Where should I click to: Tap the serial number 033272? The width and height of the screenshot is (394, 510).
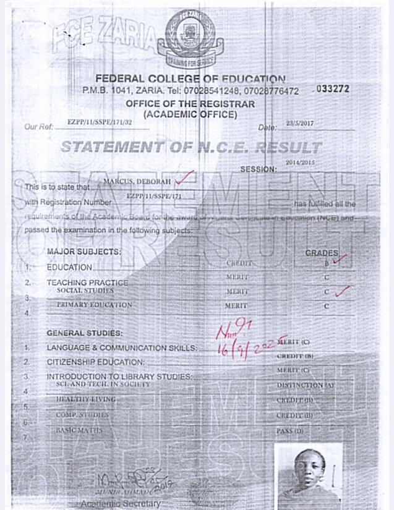tap(333, 89)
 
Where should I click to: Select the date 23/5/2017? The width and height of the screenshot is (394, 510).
tap(300, 124)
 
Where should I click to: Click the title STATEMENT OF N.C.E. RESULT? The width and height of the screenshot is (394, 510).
tap(191, 147)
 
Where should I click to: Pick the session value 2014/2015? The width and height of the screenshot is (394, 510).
tap(300, 162)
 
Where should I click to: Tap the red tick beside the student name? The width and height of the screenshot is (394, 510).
tap(184, 178)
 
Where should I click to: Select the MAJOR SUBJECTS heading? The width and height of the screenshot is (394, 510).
tap(84, 252)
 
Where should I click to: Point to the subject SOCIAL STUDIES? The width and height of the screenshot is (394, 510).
tap(85, 291)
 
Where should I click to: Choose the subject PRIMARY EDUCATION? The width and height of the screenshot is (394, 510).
tap(95, 305)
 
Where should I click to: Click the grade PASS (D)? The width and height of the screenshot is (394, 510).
tap(290, 430)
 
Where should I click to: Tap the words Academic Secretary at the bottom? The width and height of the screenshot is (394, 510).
tap(121, 503)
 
